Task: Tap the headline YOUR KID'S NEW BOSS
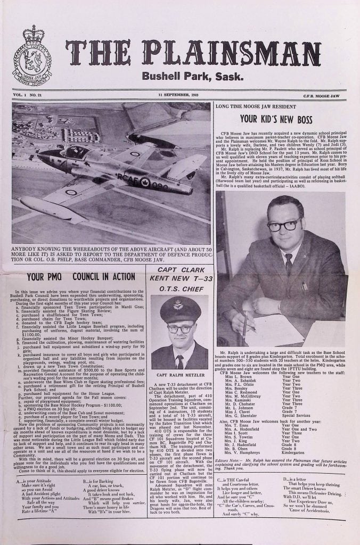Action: [x=275, y=119]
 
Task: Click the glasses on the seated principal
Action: [x=284, y=225]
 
